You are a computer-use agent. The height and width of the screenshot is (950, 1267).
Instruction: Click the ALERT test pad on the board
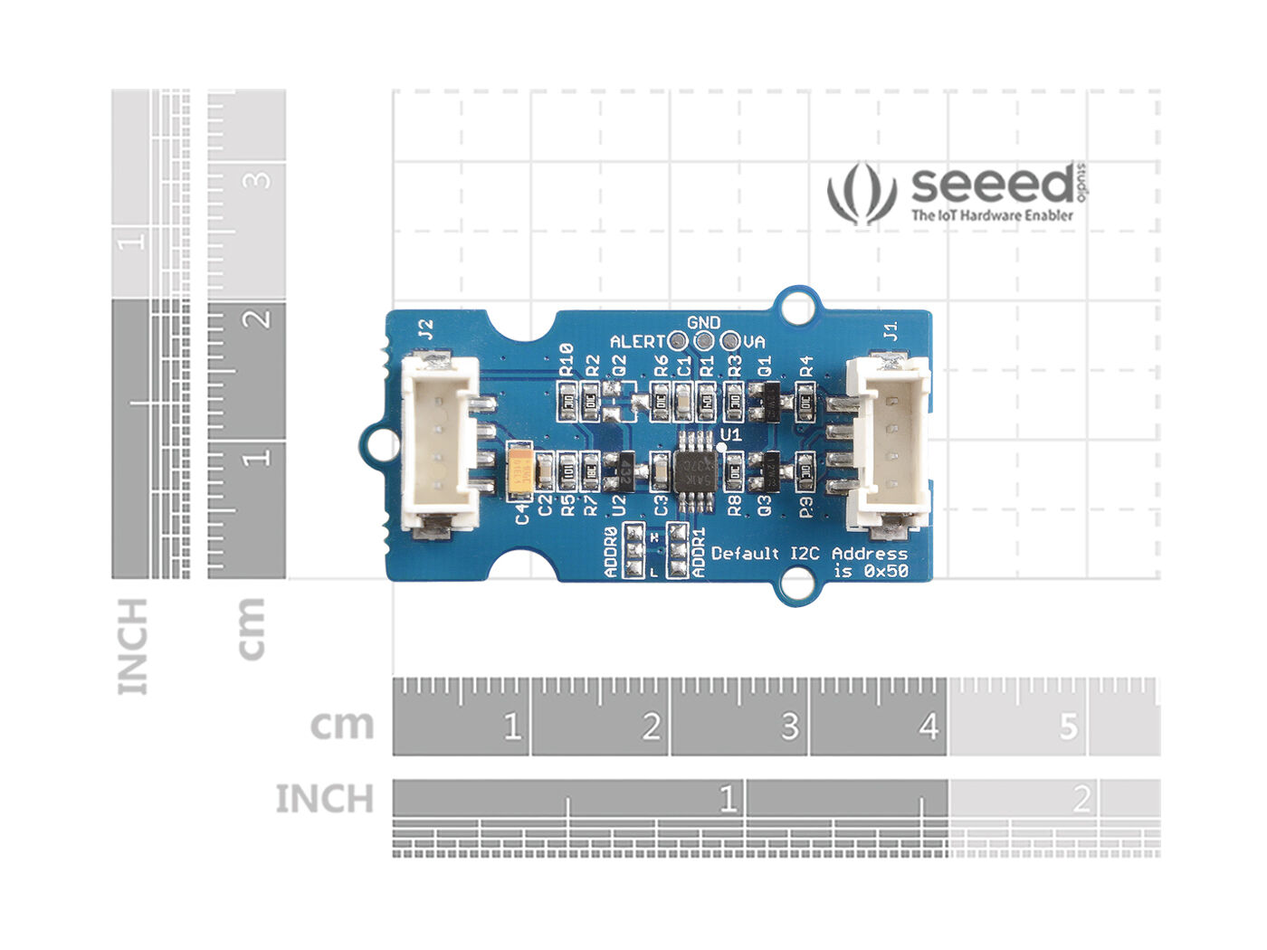[x=676, y=342]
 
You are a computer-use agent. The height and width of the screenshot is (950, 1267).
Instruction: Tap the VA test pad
[x=729, y=342]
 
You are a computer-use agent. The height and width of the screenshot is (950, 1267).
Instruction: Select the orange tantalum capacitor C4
[x=521, y=471]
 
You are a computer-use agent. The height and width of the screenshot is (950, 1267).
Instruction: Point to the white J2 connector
[x=440, y=443]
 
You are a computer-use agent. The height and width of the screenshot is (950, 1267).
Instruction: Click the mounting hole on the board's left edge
[x=379, y=444]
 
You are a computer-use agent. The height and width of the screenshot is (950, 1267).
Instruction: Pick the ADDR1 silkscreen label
[x=699, y=553]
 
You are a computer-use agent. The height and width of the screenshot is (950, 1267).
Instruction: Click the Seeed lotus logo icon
[x=861, y=193]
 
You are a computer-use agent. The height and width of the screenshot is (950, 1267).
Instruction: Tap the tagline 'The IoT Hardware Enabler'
[x=992, y=215]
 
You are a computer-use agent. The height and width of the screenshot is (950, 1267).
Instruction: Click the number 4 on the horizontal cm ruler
[x=929, y=727]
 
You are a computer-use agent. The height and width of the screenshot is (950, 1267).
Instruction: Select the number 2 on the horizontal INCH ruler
[x=1081, y=800]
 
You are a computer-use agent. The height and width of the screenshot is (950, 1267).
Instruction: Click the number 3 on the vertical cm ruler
[x=260, y=178]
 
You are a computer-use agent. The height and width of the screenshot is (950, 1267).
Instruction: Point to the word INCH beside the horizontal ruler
[x=324, y=800]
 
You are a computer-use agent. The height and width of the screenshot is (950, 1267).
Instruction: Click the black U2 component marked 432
[x=623, y=470]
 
